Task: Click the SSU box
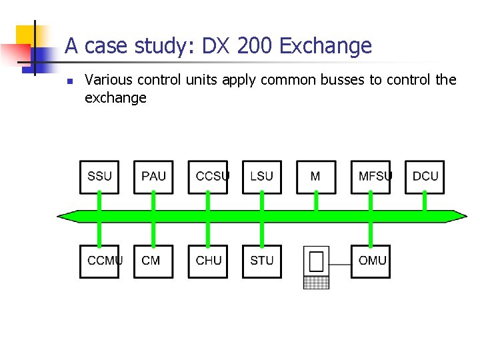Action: pyautogui.click(x=99, y=177)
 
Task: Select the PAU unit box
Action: pyautogui.click(x=153, y=177)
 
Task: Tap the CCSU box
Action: pyautogui.click(x=207, y=177)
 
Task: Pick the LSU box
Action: pyautogui.click(x=261, y=177)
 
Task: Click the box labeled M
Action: pyautogui.click(x=315, y=177)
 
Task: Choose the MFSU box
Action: pyautogui.click(x=370, y=177)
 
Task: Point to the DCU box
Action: pyautogui.click(x=424, y=177)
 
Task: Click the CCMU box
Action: pyautogui.click(x=99, y=261)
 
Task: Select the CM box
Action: pyautogui.click(x=153, y=261)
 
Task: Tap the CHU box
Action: pyautogui.click(x=207, y=261)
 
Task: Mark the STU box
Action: pyautogui.click(x=261, y=261)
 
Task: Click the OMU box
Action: pyautogui.click(x=370, y=261)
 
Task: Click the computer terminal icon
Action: pyautogui.click(x=316, y=267)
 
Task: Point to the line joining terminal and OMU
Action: pyautogui.click(x=340, y=263)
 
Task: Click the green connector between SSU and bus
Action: pyautogui.click(x=99, y=202)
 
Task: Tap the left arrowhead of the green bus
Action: pyautogui.click(x=64, y=216)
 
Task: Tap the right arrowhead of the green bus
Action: pyautogui.click(x=461, y=216)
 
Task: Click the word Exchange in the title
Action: pyautogui.click(x=326, y=46)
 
